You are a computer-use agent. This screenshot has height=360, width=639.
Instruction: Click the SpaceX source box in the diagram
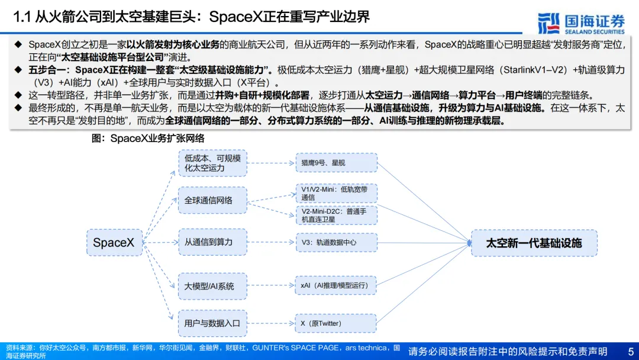click(114, 242)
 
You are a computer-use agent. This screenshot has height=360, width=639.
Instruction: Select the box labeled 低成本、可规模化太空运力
click(212, 163)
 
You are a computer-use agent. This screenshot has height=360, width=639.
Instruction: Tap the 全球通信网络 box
click(212, 200)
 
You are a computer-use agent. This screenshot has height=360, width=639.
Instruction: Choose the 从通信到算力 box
click(212, 242)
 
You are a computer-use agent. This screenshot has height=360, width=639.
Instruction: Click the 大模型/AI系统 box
click(212, 286)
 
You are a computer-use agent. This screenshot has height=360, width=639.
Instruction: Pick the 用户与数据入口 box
click(212, 323)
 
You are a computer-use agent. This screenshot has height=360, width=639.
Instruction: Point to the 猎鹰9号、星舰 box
click(336, 163)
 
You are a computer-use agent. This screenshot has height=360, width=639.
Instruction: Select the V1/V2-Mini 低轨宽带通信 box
click(336, 193)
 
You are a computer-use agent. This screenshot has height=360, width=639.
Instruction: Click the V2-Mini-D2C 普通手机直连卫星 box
click(336, 214)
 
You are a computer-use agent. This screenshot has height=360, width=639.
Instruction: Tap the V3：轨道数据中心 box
click(336, 242)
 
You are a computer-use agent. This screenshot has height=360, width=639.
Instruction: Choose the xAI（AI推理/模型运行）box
click(336, 285)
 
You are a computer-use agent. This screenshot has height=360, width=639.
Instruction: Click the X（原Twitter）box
click(336, 323)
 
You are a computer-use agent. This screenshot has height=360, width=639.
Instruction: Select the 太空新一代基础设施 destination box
click(534, 243)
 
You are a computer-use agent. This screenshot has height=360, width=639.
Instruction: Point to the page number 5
click(630, 351)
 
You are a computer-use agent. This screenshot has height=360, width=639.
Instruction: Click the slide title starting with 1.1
click(192, 17)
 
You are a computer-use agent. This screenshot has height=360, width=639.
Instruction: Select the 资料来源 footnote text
click(201, 351)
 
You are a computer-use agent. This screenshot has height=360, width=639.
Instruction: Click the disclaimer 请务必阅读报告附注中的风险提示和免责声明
click(508, 351)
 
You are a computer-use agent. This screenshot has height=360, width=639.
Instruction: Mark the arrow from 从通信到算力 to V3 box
click(271, 242)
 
